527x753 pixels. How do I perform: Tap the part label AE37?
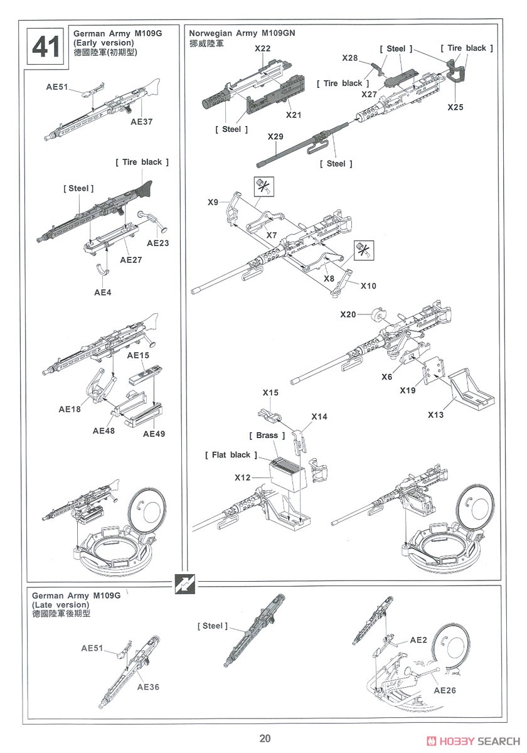(142, 122)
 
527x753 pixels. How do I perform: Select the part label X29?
(275, 136)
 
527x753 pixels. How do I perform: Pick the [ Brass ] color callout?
(267, 435)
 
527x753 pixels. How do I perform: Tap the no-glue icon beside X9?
(263, 187)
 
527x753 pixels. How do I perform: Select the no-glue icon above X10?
(363, 250)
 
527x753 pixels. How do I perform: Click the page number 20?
(264, 739)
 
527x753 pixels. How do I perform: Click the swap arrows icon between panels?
(183, 583)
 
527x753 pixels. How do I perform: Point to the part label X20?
(348, 314)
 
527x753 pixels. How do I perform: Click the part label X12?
(243, 478)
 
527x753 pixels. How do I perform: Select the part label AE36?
(148, 687)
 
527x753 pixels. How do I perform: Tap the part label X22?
(263, 48)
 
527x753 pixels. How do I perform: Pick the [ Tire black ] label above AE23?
(142, 162)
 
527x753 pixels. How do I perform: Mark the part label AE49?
(153, 434)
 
